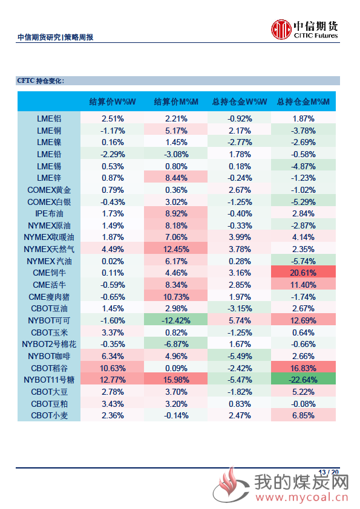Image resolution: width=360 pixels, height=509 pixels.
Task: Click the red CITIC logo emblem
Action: point(281,29)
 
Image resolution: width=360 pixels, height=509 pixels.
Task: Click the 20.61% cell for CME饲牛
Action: point(303,273)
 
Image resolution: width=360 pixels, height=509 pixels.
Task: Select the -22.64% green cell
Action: point(303,380)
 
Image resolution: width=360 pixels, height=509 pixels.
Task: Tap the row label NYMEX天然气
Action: point(49,249)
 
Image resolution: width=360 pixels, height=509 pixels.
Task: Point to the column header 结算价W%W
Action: point(113,102)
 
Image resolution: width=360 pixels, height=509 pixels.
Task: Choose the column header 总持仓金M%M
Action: point(303,102)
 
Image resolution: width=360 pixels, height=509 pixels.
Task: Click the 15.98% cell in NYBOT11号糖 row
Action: point(176,380)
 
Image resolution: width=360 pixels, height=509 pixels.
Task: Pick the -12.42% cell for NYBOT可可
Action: point(176,320)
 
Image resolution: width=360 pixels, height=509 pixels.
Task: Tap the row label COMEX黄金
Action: point(49,190)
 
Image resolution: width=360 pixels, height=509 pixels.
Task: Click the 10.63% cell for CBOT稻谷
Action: point(113,368)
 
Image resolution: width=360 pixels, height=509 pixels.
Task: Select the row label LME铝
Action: point(49,119)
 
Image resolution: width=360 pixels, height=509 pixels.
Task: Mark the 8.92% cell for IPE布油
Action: point(176,213)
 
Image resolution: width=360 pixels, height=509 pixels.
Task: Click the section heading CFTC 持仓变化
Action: point(41,80)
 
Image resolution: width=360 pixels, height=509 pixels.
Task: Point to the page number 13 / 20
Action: point(329,472)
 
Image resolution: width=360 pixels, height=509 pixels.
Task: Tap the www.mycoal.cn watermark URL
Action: point(302,497)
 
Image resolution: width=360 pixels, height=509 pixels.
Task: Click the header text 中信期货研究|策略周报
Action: point(55,37)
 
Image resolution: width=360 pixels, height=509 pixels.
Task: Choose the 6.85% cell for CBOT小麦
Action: point(303,415)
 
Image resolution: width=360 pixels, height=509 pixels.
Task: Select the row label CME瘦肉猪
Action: point(49,297)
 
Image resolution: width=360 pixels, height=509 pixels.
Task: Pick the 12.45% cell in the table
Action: point(176,249)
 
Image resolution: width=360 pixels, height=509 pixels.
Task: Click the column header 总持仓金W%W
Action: point(240,102)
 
